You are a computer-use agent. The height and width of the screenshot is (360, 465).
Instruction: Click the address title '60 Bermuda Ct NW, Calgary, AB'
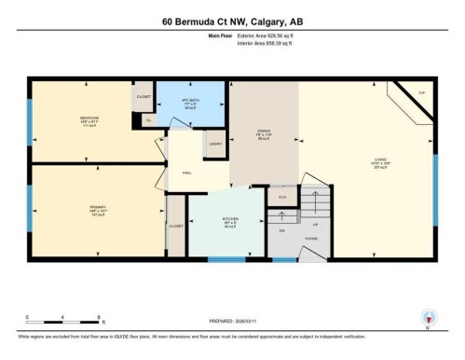(232, 21)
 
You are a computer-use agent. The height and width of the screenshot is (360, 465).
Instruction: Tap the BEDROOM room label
(89, 118)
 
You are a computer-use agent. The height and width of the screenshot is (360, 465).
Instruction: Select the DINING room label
(264, 132)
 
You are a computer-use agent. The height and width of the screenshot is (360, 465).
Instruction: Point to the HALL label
(186, 173)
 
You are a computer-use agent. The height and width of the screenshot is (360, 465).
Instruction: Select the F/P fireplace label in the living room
(421, 94)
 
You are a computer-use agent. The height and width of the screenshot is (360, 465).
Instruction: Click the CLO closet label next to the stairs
(282, 198)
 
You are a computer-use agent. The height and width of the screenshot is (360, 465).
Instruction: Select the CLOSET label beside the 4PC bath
(144, 96)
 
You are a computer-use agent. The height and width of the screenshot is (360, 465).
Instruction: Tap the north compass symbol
(428, 317)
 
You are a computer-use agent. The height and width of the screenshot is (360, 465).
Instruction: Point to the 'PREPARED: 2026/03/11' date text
(232, 315)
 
